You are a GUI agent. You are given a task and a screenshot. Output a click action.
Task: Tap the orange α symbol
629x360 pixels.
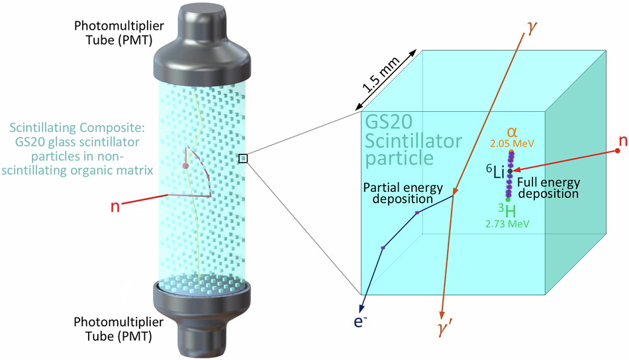tap(511, 132)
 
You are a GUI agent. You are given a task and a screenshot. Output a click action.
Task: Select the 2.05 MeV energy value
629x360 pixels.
tap(512, 143)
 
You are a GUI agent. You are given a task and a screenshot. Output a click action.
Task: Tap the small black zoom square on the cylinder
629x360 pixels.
tap(243, 157)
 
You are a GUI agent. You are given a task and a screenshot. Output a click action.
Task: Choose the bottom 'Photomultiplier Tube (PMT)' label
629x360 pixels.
tap(113, 328)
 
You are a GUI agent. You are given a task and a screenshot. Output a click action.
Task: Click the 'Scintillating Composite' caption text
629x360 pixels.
tap(82, 147)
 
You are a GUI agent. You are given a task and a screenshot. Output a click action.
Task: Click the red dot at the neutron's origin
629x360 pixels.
tap(618, 151)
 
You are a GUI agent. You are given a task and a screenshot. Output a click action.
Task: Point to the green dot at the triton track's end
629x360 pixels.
tap(508, 199)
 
